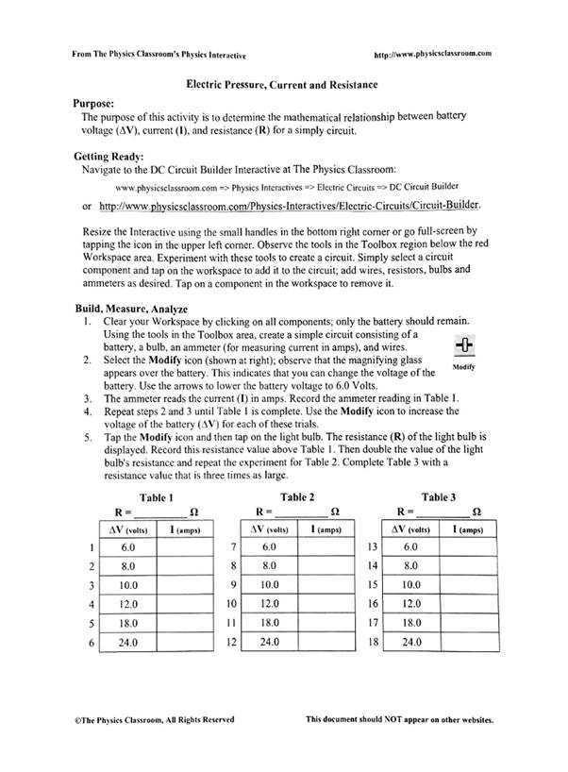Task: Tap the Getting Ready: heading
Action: tap(109, 155)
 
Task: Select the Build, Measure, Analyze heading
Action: tap(131, 309)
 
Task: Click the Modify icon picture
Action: tap(462, 345)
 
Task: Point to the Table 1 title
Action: tap(156, 497)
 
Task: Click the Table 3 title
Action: tap(439, 496)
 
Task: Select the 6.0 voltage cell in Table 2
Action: tap(269, 547)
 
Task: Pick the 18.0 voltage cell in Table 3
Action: tap(410, 623)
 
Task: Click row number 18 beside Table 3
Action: tap(372, 643)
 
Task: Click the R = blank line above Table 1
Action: tap(159, 512)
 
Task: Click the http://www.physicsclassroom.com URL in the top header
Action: tap(433, 55)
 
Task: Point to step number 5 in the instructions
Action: tap(86, 438)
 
